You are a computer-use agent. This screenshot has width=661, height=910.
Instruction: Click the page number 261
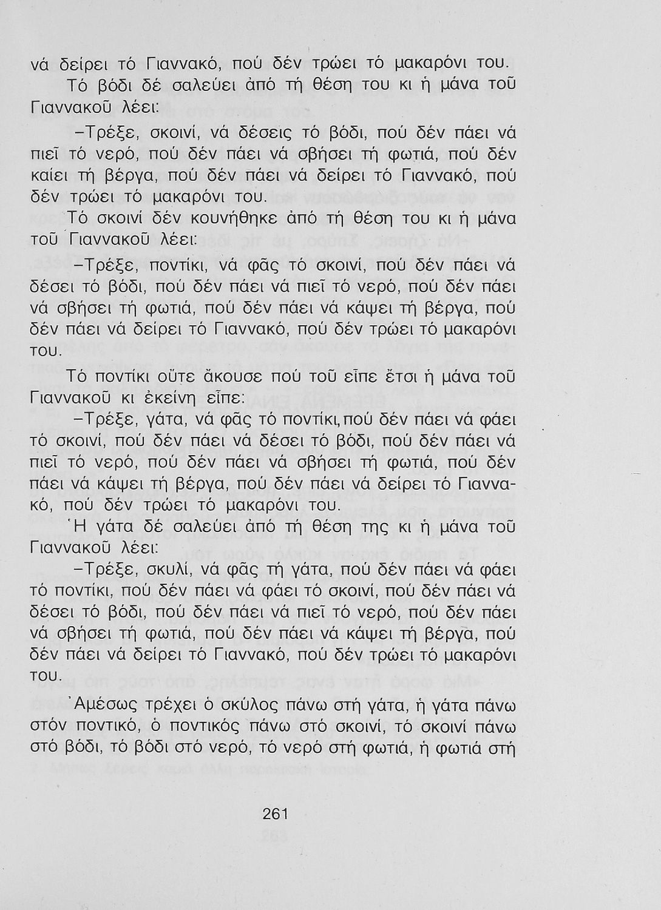tap(275, 814)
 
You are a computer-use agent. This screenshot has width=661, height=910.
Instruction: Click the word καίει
tap(46, 175)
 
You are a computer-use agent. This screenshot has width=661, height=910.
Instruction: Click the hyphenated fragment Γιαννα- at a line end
tap(484, 484)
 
